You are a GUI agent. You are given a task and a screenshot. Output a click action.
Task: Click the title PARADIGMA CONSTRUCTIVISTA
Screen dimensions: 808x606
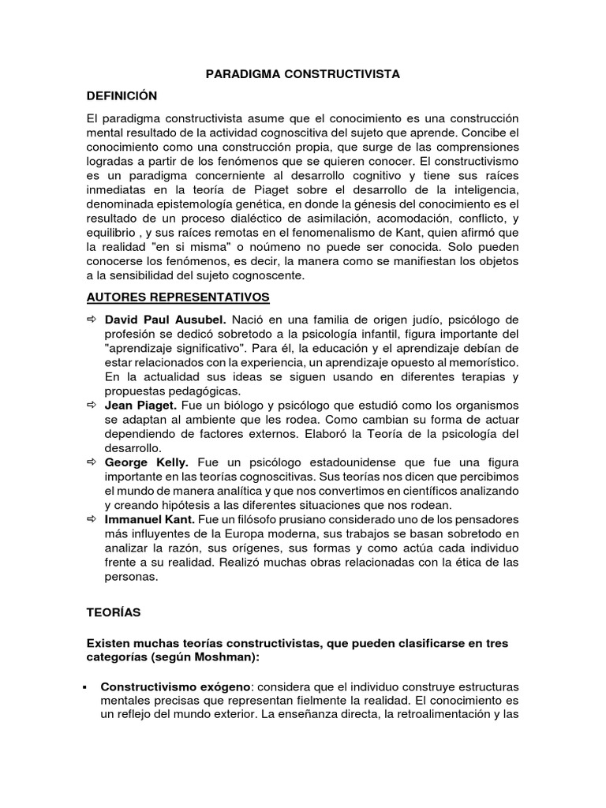[x=303, y=74]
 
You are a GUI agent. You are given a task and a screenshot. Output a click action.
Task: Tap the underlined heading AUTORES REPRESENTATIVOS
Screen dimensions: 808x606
[x=178, y=297]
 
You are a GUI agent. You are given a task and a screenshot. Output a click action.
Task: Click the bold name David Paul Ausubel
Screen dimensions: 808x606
[x=166, y=320]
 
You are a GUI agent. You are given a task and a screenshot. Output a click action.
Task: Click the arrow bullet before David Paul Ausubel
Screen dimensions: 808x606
[x=92, y=320]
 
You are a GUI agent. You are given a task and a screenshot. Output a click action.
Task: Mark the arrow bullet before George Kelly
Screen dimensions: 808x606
[x=92, y=462]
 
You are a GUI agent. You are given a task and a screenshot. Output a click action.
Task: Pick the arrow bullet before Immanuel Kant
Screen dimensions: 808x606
[x=92, y=519]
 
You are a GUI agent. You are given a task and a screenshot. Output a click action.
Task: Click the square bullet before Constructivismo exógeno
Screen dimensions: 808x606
[x=84, y=687]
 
